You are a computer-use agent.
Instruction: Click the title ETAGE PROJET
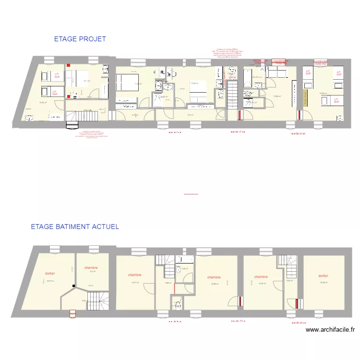(x=80, y=39)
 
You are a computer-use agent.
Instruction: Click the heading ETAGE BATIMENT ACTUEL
(x=74, y=227)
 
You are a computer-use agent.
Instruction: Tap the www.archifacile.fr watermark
(x=330, y=330)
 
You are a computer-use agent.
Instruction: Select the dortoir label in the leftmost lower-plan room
(x=50, y=274)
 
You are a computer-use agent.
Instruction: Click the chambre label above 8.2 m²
(x=91, y=268)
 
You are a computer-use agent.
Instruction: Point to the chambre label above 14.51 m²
(x=134, y=275)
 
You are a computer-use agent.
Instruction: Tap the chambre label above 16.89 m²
(x=214, y=277)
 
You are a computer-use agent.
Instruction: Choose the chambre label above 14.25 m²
(x=261, y=276)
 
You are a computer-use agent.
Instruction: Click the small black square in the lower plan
(x=73, y=287)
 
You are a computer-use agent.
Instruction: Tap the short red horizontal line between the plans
(x=191, y=194)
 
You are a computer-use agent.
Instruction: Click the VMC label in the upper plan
(x=231, y=78)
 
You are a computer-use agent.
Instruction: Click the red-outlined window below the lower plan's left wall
(x=72, y=314)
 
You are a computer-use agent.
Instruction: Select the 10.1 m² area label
(x=87, y=81)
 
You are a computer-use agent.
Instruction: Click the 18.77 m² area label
(x=50, y=281)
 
